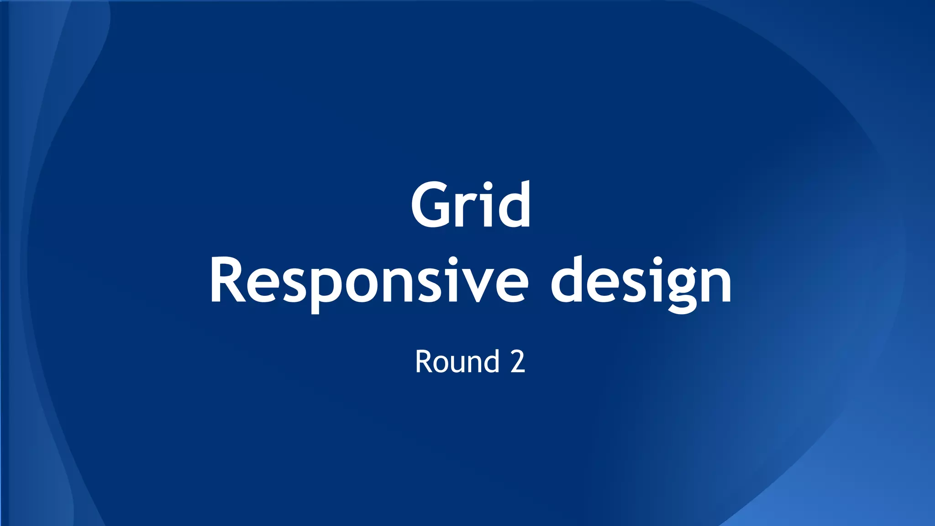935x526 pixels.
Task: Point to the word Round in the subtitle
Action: click(457, 362)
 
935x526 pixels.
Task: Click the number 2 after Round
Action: click(518, 362)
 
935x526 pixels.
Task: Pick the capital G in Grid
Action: click(430, 205)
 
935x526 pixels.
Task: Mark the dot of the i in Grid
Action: click(488, 186)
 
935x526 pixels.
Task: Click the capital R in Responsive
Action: click(227, 281)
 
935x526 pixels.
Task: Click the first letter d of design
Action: click(568, 281)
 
